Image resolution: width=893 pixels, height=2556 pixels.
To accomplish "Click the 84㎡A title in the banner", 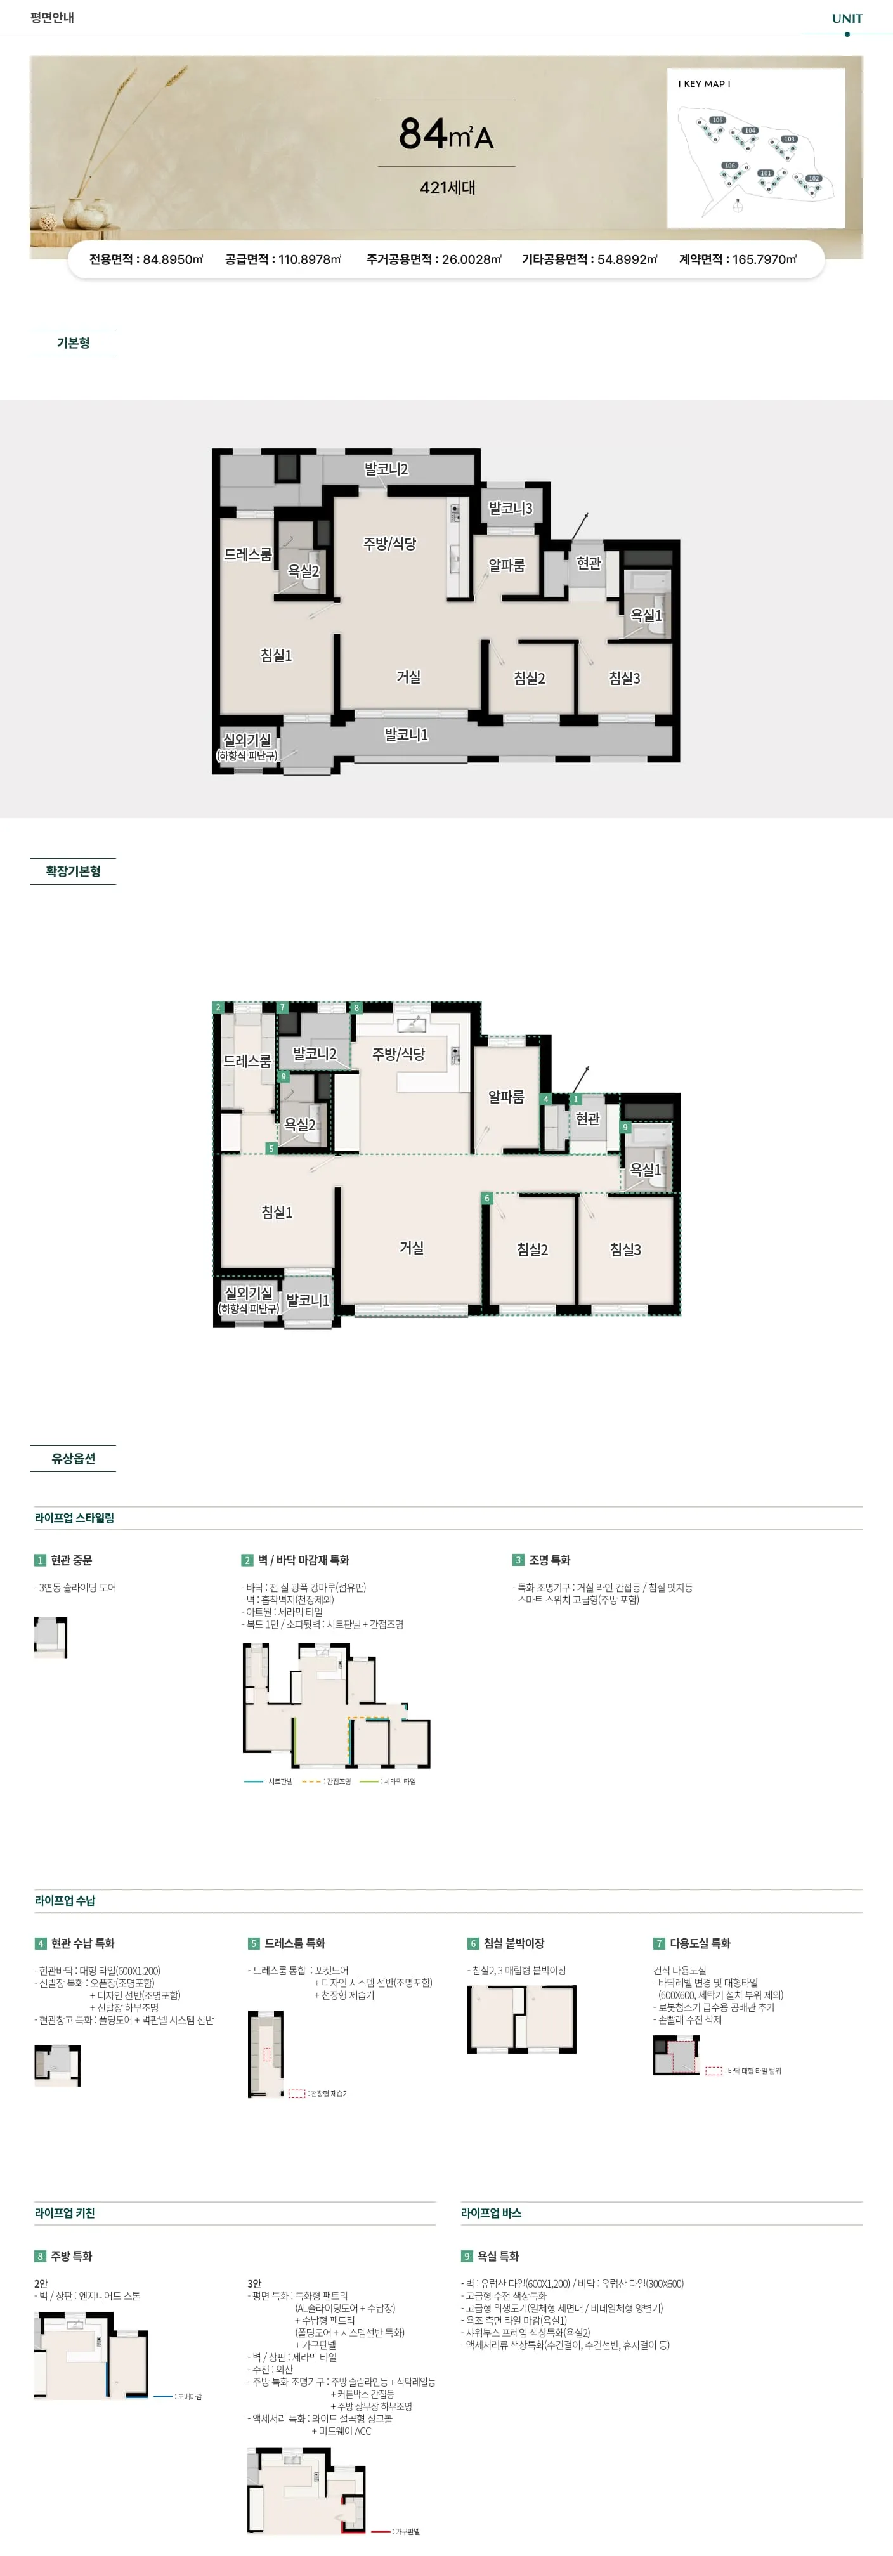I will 446,134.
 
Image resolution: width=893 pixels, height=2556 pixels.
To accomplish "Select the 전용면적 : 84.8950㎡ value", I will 146,259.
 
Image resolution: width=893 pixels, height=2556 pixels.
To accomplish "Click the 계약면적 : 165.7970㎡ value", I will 737,259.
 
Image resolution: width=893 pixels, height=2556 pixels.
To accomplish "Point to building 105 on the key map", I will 717,120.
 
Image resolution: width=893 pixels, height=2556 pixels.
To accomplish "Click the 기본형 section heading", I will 74,343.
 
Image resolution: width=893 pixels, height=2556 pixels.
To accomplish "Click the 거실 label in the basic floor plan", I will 408,677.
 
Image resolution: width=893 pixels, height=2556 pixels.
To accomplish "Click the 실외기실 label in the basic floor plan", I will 247,740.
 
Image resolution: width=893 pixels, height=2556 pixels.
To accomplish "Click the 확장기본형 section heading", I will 74,871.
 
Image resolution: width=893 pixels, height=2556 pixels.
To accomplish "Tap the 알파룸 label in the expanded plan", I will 506,1097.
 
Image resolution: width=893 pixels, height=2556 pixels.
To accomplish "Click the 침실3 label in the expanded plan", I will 625,1250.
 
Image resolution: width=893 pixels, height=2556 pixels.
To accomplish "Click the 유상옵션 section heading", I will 74,1459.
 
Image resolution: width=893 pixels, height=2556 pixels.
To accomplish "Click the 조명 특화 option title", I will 549,1560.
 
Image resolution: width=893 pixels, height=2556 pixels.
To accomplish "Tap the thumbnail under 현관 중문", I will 51,1636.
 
